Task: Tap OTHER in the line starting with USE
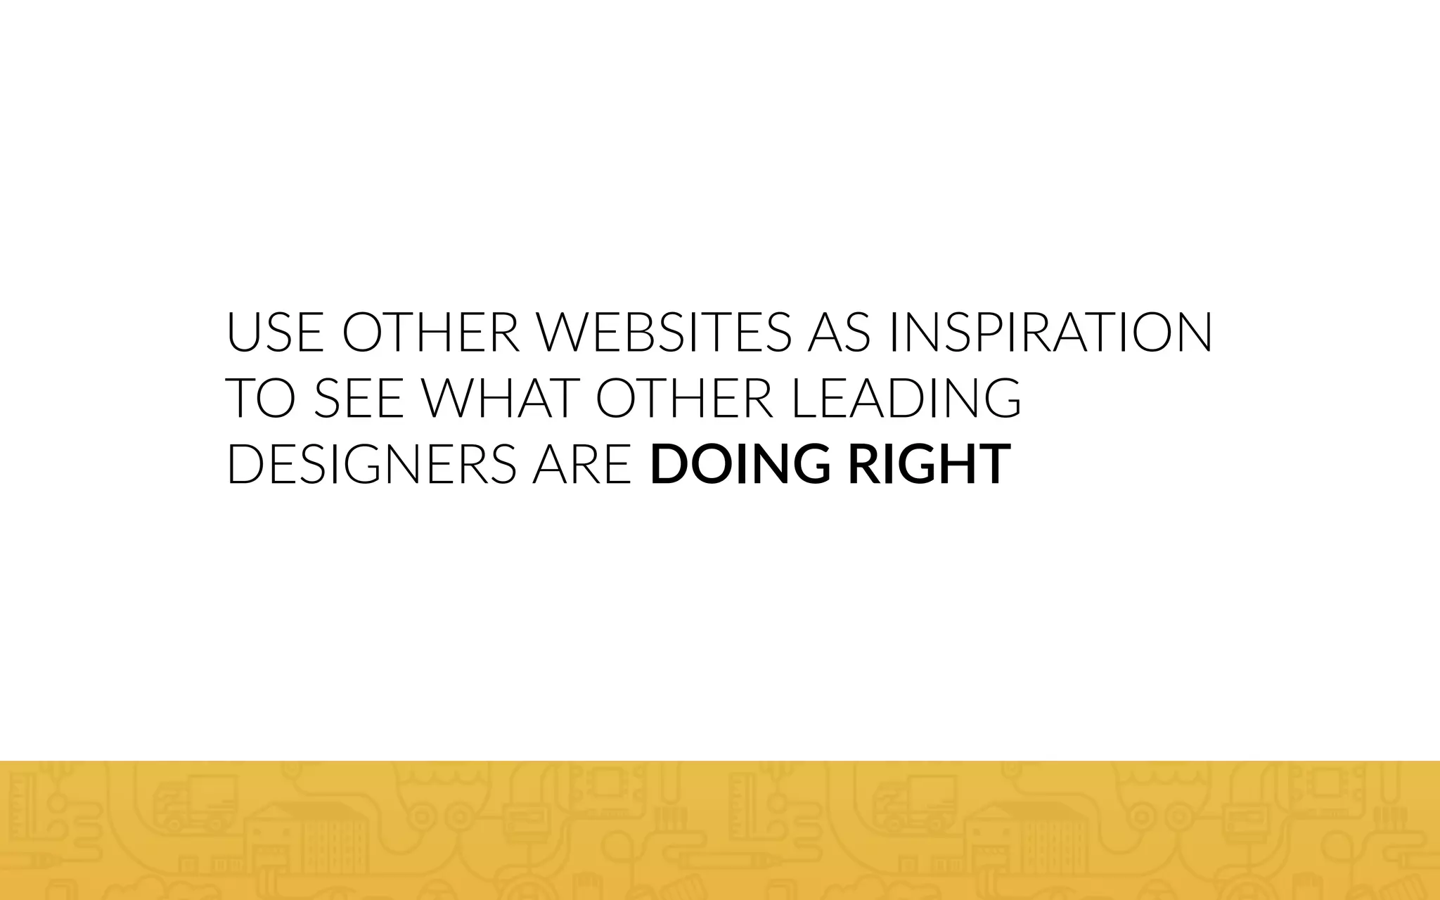[x=430, y=332]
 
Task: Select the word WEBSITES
[x=664, y=332]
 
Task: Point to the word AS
[x=839, y=332]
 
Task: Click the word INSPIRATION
[x=1050, y=332]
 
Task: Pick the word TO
[x=259, y=398]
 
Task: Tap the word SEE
[x=358, y=398]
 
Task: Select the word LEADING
[x=906, y=398]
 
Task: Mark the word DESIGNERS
[x=372, y=464]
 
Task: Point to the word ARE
[x=581, y=464]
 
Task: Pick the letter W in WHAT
[x=450, y=398]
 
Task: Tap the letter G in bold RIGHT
[x=913, y=464]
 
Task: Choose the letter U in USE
[x=243, y=332]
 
